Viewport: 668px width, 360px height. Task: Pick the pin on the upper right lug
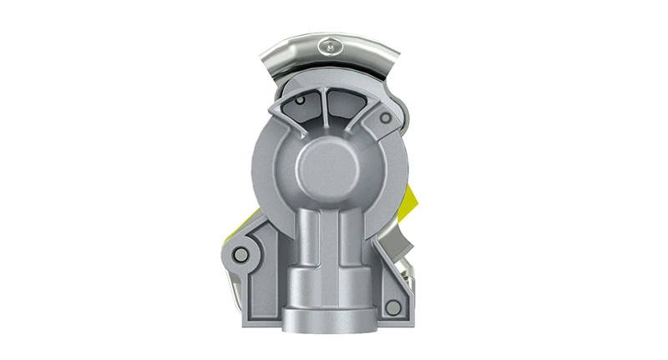click(383, 119)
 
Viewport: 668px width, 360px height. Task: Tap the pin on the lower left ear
click(241, 254)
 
